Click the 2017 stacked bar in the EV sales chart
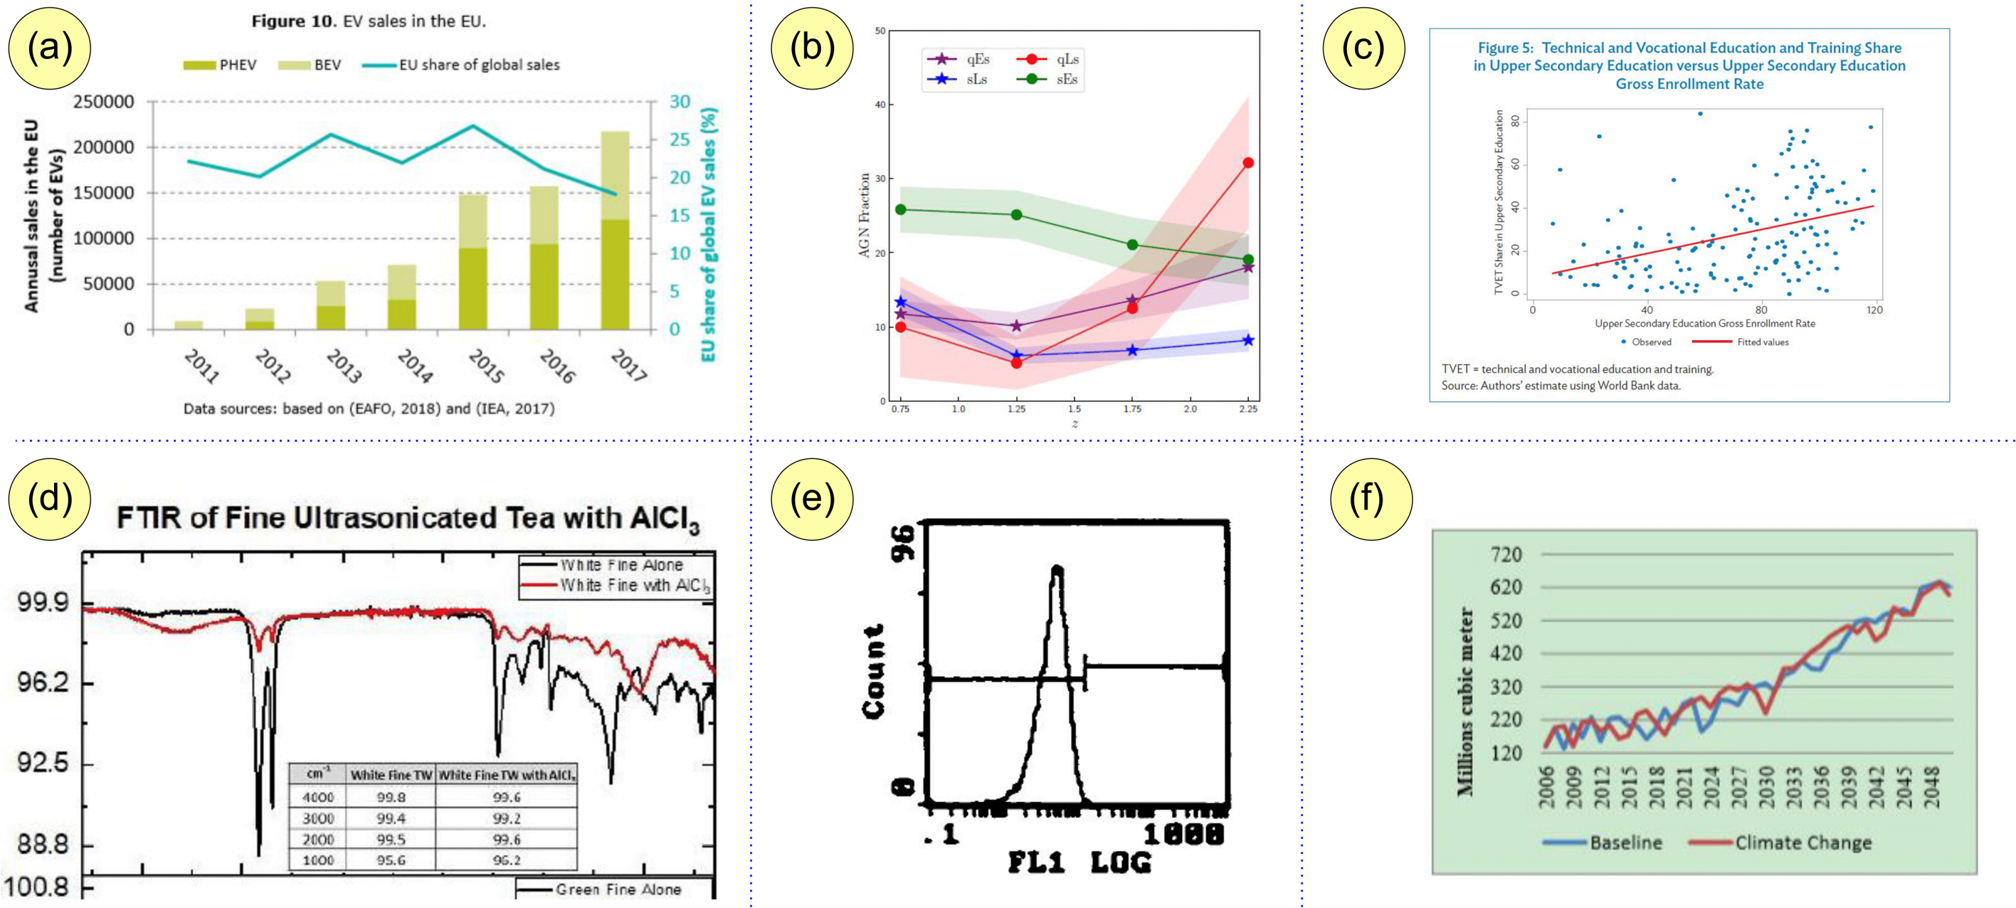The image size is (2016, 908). pos(614,230)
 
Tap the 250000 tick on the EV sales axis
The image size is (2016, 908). pos(103,102)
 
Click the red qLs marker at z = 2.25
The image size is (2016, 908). pos(1247,163)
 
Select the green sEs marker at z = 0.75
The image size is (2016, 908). pos(901,209)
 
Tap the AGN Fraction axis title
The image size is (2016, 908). pos(864,215)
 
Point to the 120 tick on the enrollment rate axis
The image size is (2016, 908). pos(1874,310)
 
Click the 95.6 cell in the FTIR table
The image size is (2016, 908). pos(391,860)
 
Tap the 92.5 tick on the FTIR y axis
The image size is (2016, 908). pos(43,762)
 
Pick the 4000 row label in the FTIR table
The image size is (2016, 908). pos(318,797)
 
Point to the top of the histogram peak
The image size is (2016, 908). pos(1057,569)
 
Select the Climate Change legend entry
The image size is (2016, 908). pos(1803,843)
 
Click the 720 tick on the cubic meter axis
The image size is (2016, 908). pos(1506,554)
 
